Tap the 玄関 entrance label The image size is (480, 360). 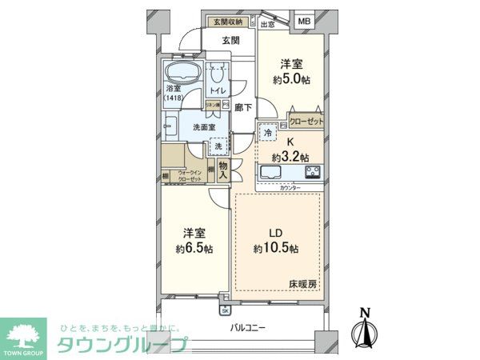[x=231, y=40]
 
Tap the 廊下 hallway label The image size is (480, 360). [x=245, y=106]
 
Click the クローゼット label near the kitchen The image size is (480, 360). [x=306, y=122]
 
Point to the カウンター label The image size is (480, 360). [x=291, y=187]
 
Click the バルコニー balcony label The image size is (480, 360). [x=248, y=328]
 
